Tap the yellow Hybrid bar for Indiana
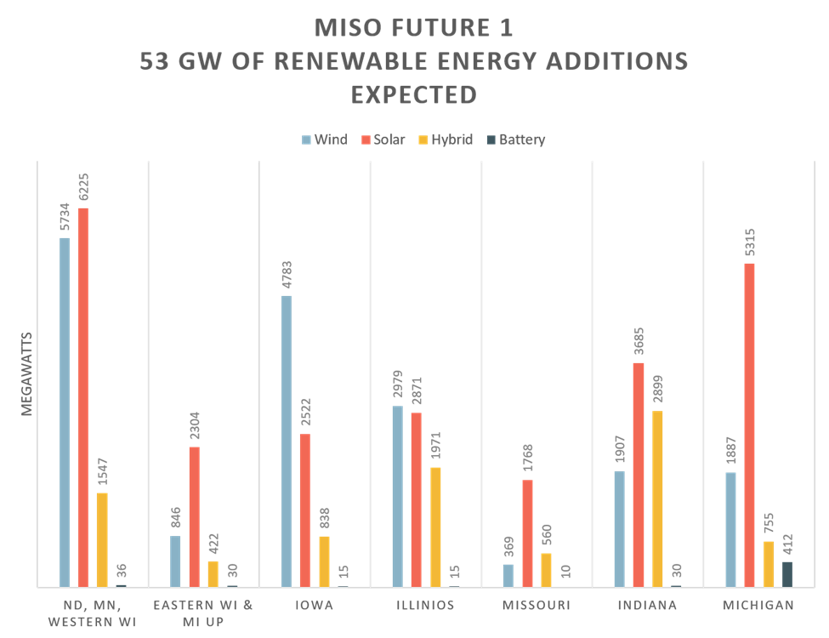(657, 498)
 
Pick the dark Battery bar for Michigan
(787, 573)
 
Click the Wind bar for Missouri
(508, 575)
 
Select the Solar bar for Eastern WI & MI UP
(194, 516)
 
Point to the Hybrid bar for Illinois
(435, 527)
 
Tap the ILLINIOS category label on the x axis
(424, 606)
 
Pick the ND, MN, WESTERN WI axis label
(92, 613)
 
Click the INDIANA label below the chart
(648, 606)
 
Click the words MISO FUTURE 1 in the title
(414, 28)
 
